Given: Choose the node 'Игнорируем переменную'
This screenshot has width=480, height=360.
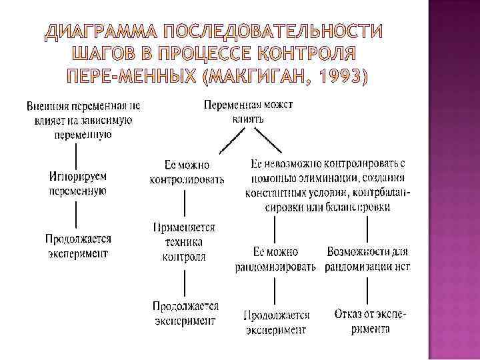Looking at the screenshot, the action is click(77, 183).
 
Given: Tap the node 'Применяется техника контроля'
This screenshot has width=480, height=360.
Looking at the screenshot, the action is click(185, 242).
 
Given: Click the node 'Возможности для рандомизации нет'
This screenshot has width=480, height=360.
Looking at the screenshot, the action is click(368, 260).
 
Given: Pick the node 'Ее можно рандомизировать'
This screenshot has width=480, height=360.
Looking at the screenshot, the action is click(275, 260).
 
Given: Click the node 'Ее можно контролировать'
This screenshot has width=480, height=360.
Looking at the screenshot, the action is click(187, 172).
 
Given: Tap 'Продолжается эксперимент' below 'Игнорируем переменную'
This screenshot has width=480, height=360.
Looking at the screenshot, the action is click(77, 245).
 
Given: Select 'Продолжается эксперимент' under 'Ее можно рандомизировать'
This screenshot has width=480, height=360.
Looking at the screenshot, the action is click(276, 321).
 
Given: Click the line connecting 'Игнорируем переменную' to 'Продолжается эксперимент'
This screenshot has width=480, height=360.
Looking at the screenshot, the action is click(77, 215).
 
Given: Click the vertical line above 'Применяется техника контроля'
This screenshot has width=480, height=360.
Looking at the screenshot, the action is click(185, 204).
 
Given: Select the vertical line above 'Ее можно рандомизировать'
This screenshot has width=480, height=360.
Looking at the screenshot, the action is click(275, 230).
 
